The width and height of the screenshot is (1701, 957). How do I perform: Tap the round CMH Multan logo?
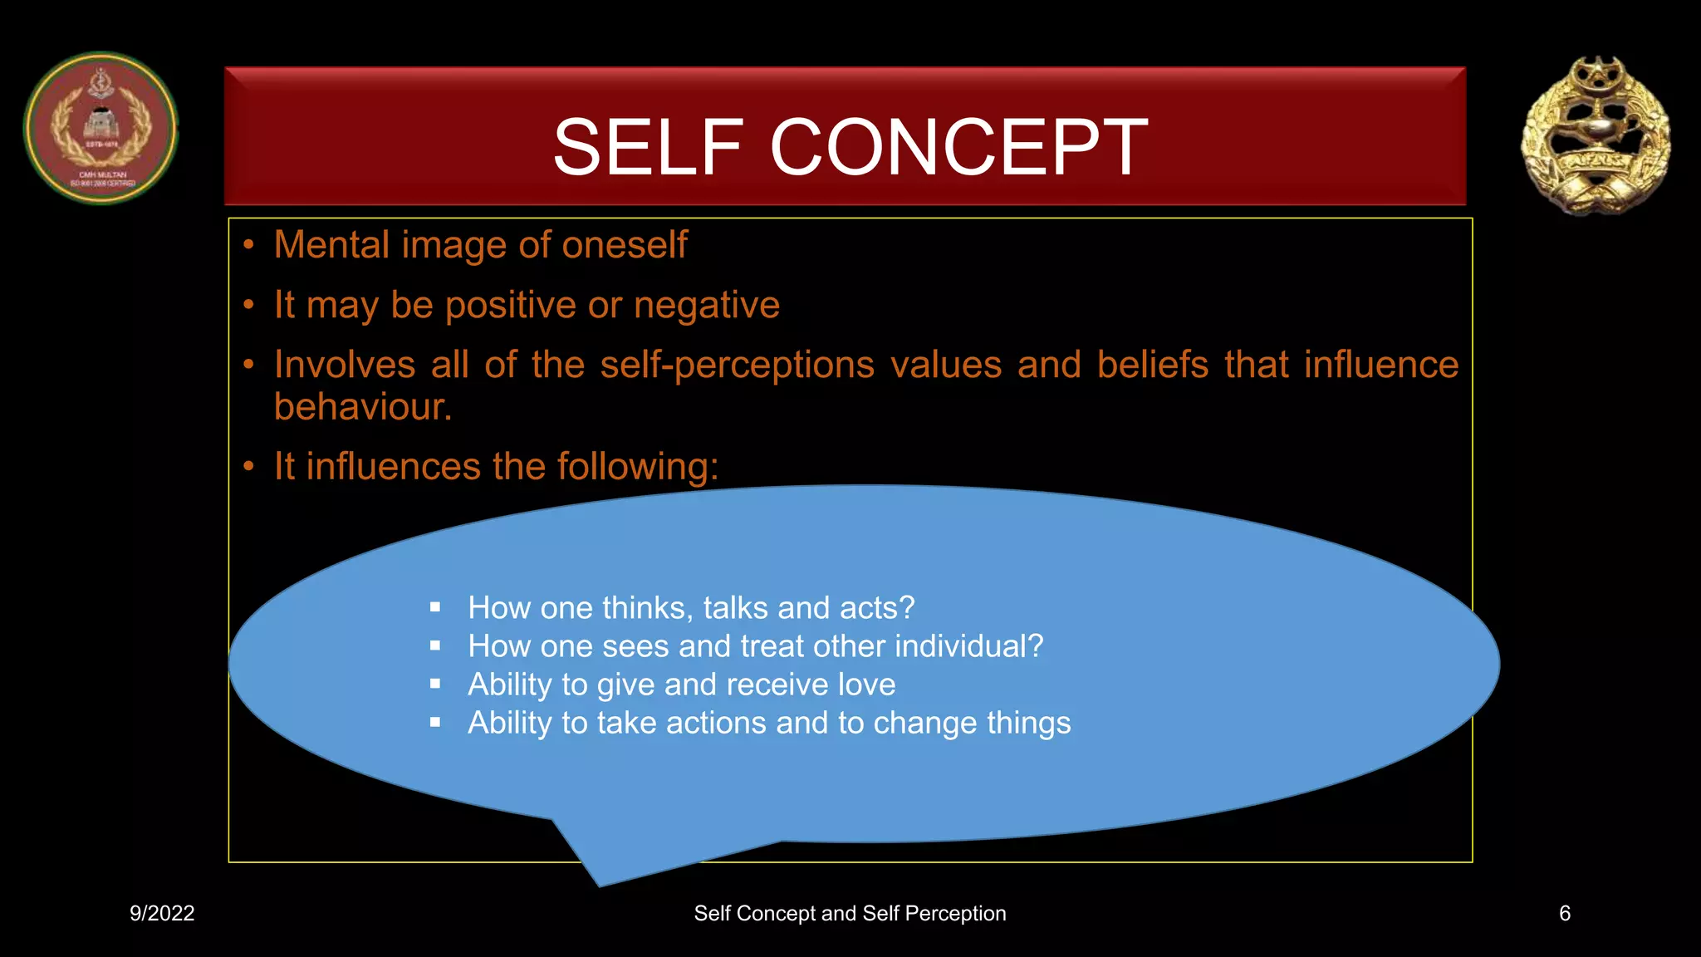tap(100, 129)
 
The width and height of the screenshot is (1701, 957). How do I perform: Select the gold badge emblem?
tap(1596, 135)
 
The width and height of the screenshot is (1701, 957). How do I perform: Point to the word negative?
tap(706, 305)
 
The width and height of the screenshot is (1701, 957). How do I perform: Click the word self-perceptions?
tap(737, 365)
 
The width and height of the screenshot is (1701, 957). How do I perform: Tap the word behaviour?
tap(362, 407)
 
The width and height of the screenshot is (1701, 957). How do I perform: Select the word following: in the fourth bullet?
tap(638, 467)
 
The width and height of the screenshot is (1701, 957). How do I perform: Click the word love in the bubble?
tap(866, 685)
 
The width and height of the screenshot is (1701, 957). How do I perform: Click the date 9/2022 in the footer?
tap(162, 913)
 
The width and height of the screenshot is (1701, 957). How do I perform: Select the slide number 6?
tap(1564, 913)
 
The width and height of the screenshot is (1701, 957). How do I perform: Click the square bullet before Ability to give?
tap(434, 685)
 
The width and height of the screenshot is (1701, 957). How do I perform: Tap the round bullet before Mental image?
tap(248, 245)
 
